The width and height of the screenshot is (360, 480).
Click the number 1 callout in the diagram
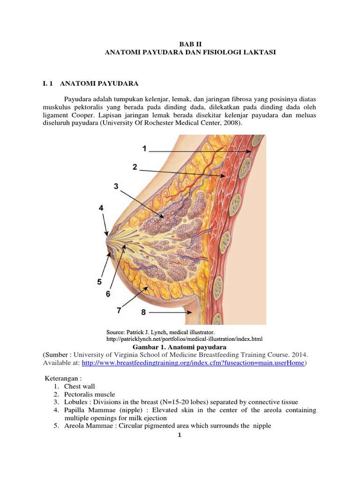point(145,149)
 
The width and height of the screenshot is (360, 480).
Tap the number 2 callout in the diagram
point(135,166)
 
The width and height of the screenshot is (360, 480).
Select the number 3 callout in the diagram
point(116,186)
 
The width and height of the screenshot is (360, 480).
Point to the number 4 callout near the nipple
point(101,207)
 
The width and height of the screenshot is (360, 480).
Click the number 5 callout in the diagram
point(99,281)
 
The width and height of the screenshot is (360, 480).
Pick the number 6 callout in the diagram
point(108,294)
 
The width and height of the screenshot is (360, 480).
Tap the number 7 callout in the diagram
point(119,310)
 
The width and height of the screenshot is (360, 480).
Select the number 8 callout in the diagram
point(144,311)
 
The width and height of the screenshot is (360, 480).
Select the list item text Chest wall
point(79,386)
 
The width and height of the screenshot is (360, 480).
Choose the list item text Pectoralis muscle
point(90,394)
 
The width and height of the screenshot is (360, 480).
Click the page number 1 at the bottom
point(179,435)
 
